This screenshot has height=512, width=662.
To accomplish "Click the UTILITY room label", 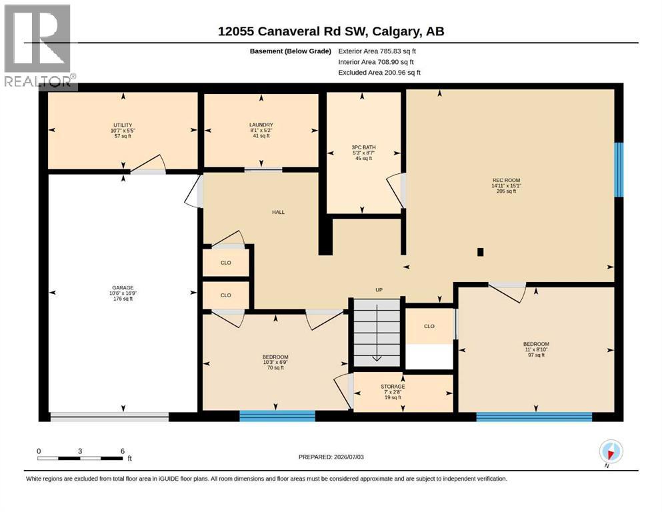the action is pos(123,125).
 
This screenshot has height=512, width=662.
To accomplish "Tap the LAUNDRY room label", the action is pos(261,125).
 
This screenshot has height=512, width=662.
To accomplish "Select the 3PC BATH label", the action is pos(363,147).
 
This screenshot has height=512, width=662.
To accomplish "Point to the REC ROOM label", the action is pos(506,180).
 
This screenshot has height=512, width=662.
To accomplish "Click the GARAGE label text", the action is pos(123,287).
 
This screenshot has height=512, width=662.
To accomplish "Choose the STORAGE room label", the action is pos(393,386).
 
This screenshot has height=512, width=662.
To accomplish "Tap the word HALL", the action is pos(278,212).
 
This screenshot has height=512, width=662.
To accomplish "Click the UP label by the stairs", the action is pos(379,289).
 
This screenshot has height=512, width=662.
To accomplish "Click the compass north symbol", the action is pos(611,452).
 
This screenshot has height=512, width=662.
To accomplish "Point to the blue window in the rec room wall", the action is pos(619,170).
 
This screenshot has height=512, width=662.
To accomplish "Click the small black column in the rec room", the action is pos(480,252).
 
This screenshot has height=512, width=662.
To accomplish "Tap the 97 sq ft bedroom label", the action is pos(536,349).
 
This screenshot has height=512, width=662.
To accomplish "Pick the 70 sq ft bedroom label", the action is pos(275,362).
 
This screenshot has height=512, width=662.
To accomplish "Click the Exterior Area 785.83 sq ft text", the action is pos(377,51).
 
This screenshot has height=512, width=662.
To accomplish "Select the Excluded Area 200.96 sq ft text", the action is pos(379,72).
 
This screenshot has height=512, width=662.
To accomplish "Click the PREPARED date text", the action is pos(331,457).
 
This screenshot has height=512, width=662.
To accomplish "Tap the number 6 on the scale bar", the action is pos(123,451).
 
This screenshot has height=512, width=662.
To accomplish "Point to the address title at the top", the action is pos(331,31).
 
